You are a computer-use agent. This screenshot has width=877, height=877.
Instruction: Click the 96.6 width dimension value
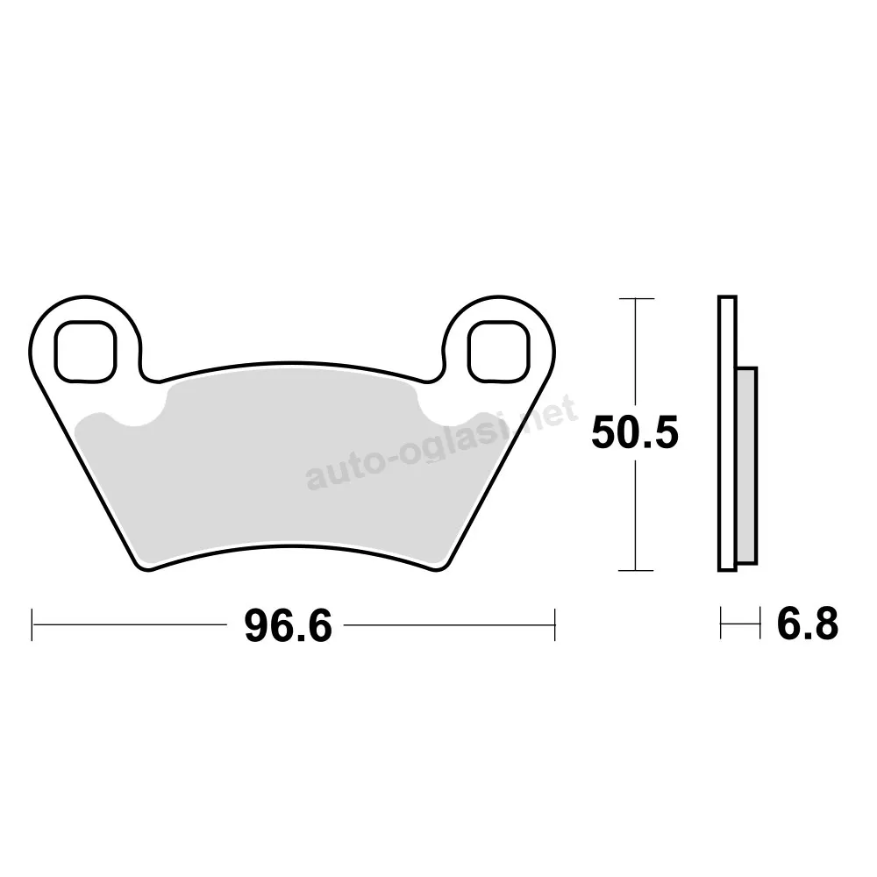[x=288, y=625]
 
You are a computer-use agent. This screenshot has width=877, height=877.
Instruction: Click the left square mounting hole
[x=85, y=352]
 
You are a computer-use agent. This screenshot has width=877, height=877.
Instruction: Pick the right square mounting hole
[x=498, y=352]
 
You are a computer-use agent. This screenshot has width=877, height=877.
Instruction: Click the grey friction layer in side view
[x=747, y=466]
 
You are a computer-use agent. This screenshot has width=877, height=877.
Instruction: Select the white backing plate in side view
[x=727, y=433]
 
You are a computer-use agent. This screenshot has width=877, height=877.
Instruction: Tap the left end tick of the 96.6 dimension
[x=32, y=624]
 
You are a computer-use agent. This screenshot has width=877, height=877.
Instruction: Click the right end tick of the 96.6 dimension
[x=554, y=624]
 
